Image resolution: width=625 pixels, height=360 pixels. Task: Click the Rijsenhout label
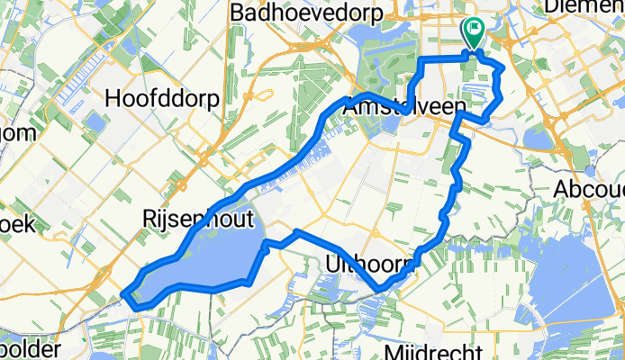[191, 219]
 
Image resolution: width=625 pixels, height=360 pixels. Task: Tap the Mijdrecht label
[430, 350]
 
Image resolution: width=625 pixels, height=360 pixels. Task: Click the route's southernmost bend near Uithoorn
[382, 289]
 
